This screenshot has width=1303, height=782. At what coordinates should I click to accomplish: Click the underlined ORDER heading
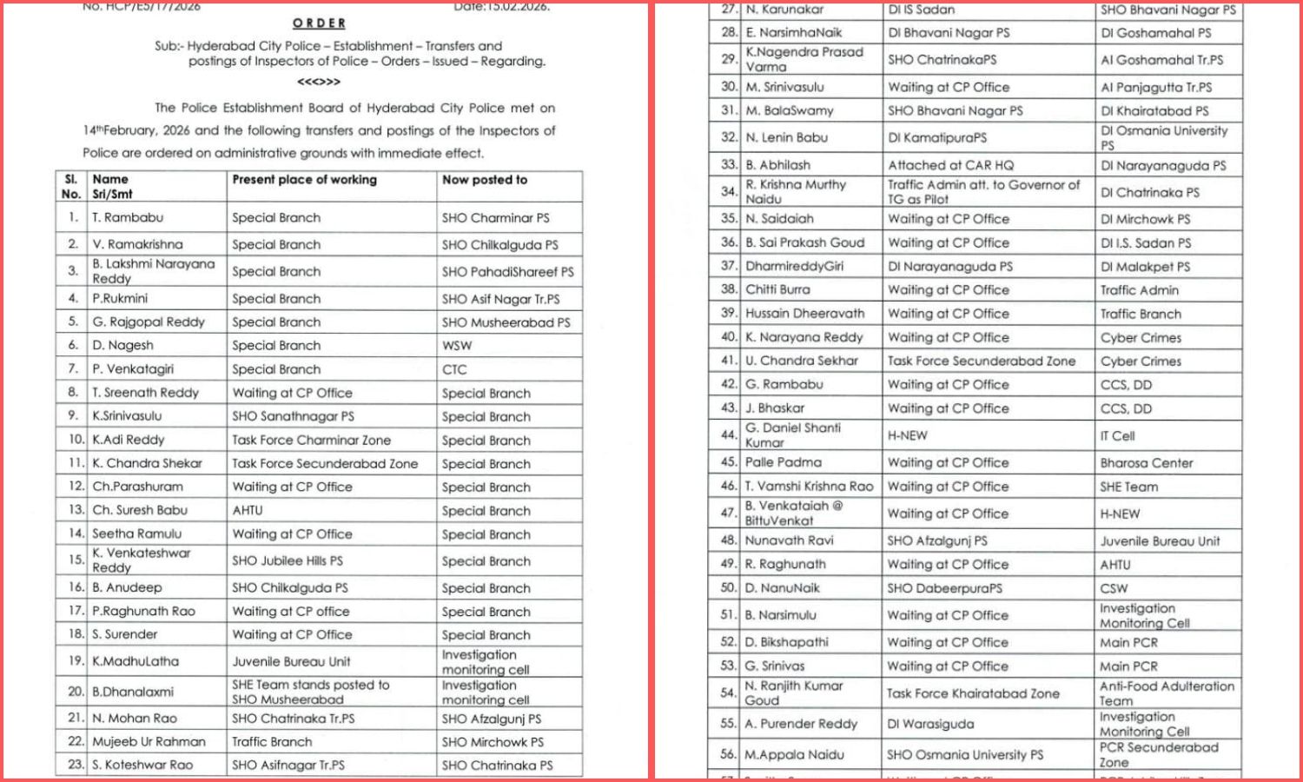click(x=319, y=23)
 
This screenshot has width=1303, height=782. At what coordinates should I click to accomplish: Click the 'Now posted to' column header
click(x=484, y=180)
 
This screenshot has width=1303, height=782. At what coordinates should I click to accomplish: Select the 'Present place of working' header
click(x=304, y=180)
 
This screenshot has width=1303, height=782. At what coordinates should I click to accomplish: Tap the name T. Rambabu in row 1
click(x=128, y=218)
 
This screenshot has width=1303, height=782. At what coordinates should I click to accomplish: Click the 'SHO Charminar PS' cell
click(x=495, y=218)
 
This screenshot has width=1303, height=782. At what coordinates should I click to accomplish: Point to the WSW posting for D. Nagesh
click(x=457, y=346)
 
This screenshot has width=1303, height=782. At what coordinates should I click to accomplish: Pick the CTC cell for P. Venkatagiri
click(x=454, y=369)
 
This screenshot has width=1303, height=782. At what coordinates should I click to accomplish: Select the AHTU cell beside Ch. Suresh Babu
click(x=248, y=511)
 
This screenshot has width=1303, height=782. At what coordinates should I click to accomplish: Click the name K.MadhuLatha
click(x=136, y=661)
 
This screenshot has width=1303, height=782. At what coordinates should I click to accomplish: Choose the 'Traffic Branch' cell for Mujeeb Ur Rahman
click(x=272, y=742)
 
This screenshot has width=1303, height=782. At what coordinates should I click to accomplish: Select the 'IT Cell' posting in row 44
click(x=1117, y=436)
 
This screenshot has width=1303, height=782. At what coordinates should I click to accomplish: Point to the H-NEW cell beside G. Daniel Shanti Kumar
click(x=907, y=436)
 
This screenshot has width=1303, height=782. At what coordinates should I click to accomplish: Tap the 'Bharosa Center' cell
click(x=1147, y=463)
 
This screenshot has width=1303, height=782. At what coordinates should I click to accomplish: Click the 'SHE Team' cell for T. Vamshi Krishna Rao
click(x=1128, y=487)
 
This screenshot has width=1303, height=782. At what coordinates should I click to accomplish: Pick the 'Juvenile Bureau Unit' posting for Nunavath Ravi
click(x=1160, y=541)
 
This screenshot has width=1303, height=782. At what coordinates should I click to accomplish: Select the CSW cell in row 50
click(x=1114, y=588)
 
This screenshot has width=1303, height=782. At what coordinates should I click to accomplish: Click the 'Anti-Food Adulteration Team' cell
click(x=1166, y=693)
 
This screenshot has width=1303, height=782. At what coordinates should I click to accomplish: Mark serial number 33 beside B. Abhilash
click(x=729, y=165)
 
